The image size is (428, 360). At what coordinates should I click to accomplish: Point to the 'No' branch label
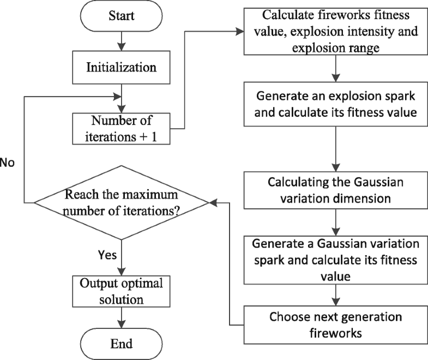tap(7, 163)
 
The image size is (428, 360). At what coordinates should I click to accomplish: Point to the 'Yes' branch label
tap(107, 255)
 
